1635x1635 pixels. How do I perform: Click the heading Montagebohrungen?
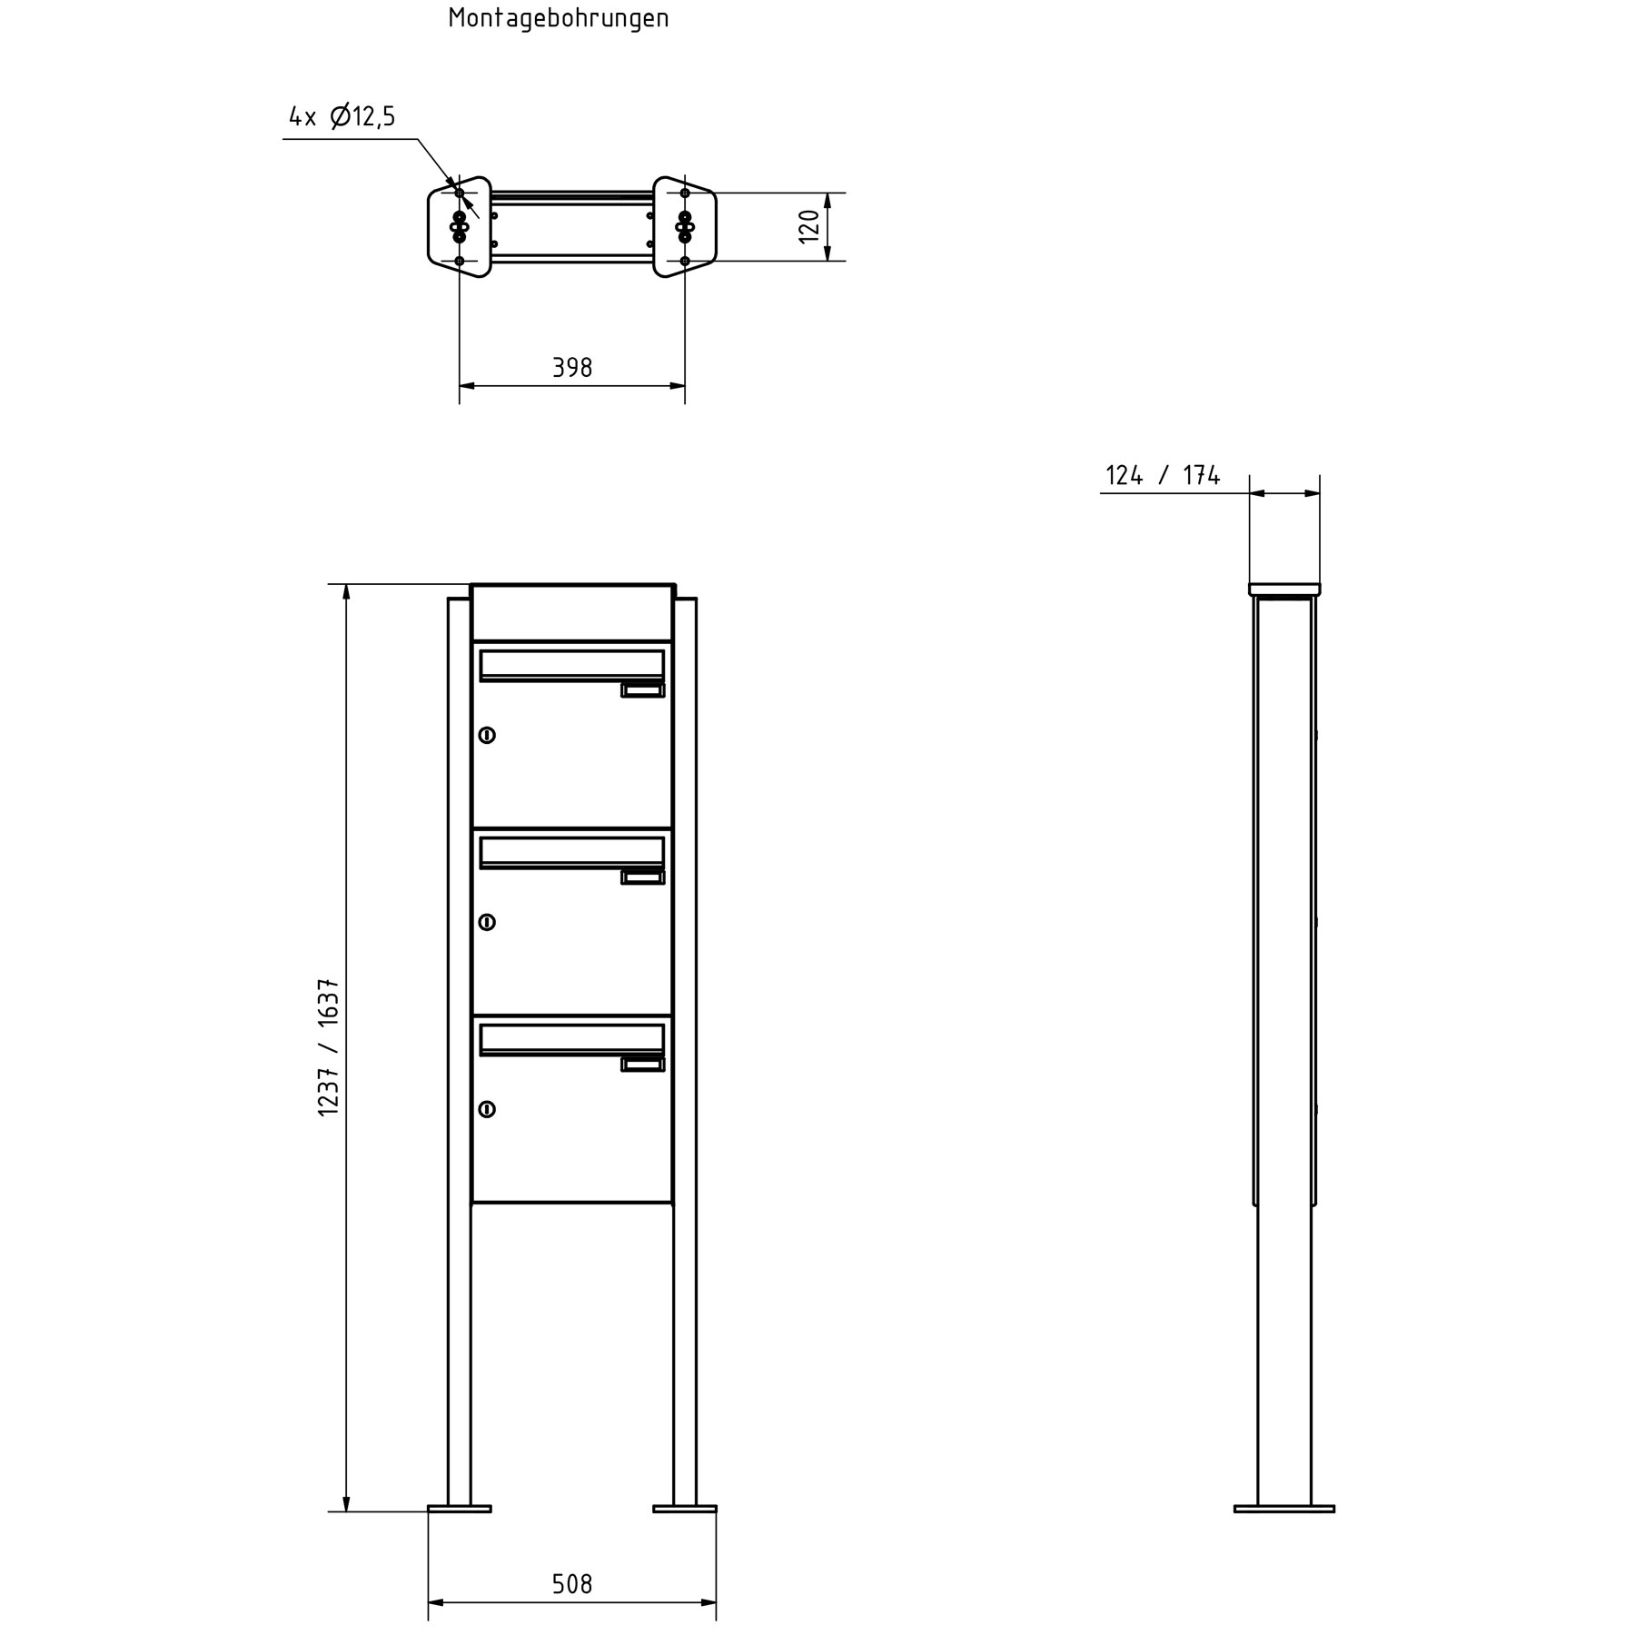pos(558,19)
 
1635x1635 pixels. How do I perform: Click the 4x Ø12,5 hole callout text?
pos(342,117)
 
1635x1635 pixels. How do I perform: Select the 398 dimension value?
pos(572,368)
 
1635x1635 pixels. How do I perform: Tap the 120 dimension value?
pos(809,226)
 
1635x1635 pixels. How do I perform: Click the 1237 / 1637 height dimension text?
pos(329,1047)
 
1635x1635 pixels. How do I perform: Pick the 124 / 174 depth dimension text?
pos(1162,475)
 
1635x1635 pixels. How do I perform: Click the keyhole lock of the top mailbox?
pos(487,735)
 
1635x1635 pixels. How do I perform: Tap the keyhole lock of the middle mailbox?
pos(487,922)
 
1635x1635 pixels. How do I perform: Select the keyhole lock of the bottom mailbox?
pos(487,1109)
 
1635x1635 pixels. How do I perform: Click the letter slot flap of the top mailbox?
pos(571,665)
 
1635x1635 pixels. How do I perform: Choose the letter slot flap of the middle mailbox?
pos(571,852)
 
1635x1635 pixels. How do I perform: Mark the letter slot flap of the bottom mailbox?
pos(571,1039)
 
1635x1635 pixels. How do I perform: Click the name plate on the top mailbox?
pos(643,690)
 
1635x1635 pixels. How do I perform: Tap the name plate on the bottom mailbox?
pos(643,1065)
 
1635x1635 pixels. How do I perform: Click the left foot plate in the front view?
pos(460,1509)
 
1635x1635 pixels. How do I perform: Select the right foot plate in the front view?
pos(685,1509)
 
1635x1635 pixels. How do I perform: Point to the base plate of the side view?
pos(1284,1509)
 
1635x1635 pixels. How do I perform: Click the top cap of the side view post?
pos(1284,590)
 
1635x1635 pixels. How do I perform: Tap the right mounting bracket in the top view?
pos(685,226)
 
